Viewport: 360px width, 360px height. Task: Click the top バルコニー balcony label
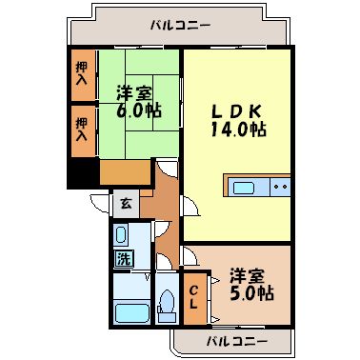tap(179, 26)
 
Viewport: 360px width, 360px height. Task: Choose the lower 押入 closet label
tap(81, 130)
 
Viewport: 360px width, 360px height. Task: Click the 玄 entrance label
tap(126, 203)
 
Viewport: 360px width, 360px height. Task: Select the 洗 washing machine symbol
tap(125, 257)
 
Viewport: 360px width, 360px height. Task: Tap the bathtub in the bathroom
tap(128, 311)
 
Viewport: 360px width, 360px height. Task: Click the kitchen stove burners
tap(278, 187)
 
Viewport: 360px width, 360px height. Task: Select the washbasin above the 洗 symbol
tap(124, 236)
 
